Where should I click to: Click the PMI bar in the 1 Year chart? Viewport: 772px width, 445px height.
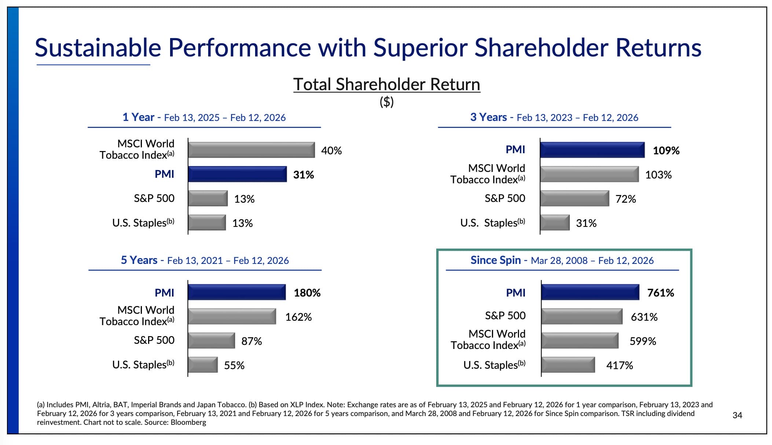(237, 174)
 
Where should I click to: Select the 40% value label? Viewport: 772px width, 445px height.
(331, 150)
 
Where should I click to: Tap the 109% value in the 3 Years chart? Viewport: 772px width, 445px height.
(666, 150)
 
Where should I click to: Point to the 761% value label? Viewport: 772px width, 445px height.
(661, 293)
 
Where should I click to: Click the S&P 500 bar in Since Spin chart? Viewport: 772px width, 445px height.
(582, 316)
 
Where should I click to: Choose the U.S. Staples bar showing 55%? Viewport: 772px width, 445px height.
(203, 365)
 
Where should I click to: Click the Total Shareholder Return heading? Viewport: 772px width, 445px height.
(386, 84)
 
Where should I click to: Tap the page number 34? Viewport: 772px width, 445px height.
(737, 415)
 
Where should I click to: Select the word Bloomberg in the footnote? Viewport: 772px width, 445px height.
(188, 422)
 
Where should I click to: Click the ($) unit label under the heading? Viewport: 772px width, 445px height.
(386, 102)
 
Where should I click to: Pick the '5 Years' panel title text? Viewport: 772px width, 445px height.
(139, 260)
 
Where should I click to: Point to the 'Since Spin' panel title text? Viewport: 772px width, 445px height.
(496, 260)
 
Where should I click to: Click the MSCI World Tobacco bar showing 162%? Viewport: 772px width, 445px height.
(232, 316)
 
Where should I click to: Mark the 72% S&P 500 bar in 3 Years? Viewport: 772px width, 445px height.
(574, 198)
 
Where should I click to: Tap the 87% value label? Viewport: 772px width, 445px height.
(251, 341)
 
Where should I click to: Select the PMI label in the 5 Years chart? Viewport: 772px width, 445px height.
(164, 293)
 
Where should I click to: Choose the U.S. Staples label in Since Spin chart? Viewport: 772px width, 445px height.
(494, 365)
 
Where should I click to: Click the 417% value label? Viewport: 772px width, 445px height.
(620, 365)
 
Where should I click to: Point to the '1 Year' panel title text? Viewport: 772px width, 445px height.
(138, 117)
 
